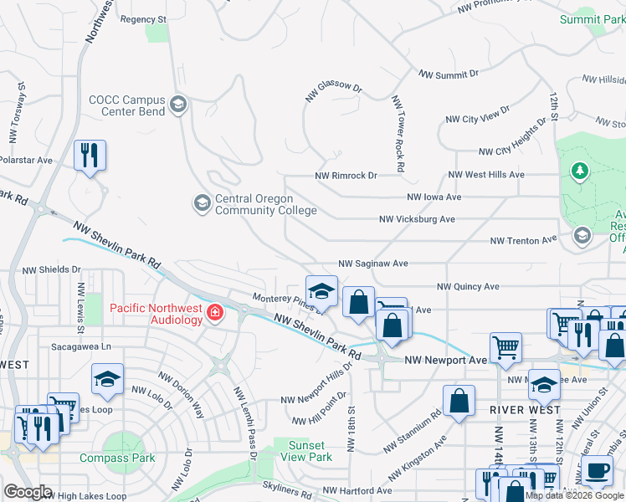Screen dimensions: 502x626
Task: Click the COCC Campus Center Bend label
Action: pyautogui.click(x=127, y=105)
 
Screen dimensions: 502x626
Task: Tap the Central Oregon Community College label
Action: pyautogui.click(x=254, y=204)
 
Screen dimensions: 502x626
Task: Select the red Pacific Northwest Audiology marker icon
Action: pyautogui.click(x=215, y=313)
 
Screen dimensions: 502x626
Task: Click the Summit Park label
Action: pyautogui.click(x=593, y=18)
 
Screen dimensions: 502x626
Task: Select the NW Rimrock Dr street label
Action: pyautogui.click(x=346, y=176)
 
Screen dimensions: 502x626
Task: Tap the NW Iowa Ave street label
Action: pyautogui.click(x=434, y=197)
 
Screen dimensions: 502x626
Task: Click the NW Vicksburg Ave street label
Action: pyautogui.click(x=417, y=219)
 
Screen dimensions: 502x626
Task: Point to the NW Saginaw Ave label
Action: pyautogui.click(x=372, y=264)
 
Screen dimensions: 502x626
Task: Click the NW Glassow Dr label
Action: pyautogui.click(x=333, y=92)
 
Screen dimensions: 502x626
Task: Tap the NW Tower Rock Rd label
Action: pyautogui.click(x=398, y=134)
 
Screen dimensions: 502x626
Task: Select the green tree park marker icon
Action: pyautogui.click(x=579, y=172)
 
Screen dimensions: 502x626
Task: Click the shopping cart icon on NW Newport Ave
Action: pyautogui.click(x=505, y=346)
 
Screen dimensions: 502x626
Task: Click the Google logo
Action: pyautogui.click(x=28, y=492)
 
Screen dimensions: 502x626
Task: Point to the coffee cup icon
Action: pyautogui.click(x=598, y=471)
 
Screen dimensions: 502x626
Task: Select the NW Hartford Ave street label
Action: pyautogui.click(x=357, y=490)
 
